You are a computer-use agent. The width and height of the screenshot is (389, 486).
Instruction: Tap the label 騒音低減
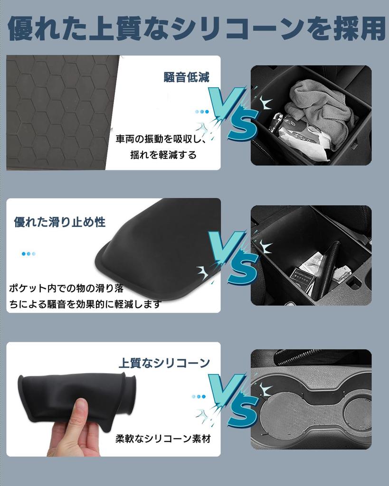click(186, 77)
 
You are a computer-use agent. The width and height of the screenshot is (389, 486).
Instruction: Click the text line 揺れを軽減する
click(163, 155)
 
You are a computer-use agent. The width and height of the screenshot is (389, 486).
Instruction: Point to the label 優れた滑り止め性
click(60, 222)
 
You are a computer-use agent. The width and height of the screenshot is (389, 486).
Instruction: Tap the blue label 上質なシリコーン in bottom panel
click(164, 363)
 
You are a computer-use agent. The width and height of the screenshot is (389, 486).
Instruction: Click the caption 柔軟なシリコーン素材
click(162, 439)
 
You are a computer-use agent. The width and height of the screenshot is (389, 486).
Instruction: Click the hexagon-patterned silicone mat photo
click(57, 112)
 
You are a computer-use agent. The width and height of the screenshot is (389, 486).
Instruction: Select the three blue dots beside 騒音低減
click(202, 112)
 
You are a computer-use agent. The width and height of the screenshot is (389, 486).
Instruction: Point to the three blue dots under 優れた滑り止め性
click(28, 254)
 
